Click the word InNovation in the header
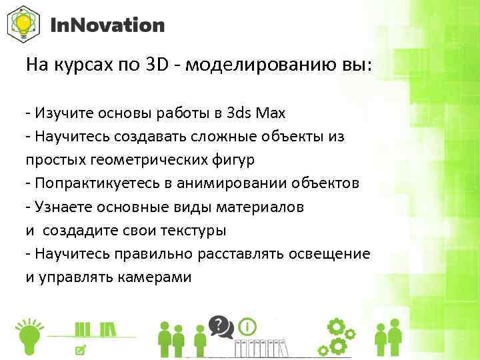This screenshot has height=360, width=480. [107, 26]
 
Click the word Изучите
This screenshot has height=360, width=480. [57, 113]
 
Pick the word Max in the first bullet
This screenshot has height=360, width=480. [272, 113]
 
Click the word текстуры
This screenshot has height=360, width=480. [193, 231]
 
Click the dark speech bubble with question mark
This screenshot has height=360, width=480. [218, 325]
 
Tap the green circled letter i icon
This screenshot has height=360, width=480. [247, 327]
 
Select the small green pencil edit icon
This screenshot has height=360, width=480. [81, 349]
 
